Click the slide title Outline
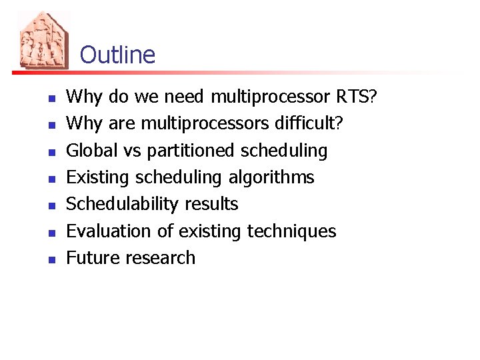[x=117, y=55]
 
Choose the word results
[x=211, y=204]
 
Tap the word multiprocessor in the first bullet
[x=270, y=98]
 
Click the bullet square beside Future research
[x=51, y=259]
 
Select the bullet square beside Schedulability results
[x=51, y=205]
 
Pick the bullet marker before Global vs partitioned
[x=51, y=152]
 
